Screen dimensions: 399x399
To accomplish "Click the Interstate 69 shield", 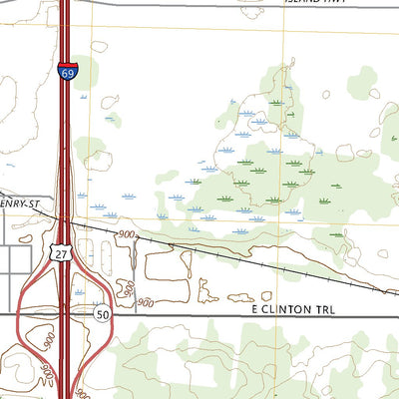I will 66,72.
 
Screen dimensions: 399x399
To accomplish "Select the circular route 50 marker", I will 103,313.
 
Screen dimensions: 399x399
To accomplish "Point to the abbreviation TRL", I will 324,311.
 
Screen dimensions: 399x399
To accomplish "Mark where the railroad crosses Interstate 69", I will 65,225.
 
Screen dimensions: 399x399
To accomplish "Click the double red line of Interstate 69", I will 65,150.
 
